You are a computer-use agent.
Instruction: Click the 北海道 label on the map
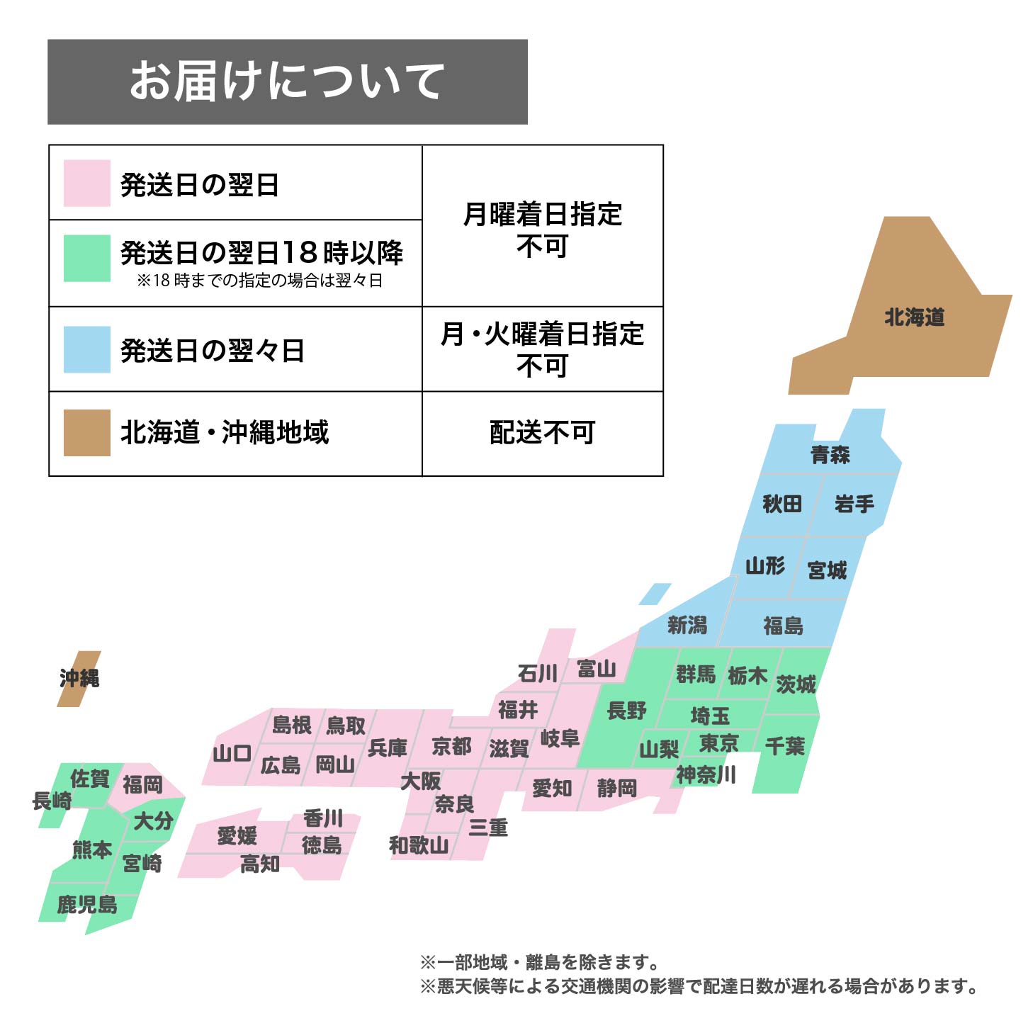(914, 317)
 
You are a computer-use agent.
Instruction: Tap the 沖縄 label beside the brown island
(79, 678)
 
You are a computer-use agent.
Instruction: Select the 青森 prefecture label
(830, 454)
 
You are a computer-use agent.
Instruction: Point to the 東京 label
(718, 743)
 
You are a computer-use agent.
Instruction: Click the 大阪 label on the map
(420, 781)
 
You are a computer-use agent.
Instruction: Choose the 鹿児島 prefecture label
(87, 905)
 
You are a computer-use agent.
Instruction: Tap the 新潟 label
(687, 625)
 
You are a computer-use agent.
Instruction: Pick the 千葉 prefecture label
(785, 745)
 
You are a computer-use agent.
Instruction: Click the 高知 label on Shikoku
(260, 864)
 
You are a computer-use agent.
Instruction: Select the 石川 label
(537, 673)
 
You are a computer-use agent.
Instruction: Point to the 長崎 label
(52, 801)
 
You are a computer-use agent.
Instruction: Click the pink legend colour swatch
(86, 184)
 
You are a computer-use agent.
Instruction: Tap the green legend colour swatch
(86, 258)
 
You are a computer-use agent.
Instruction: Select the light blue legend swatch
(86, 349)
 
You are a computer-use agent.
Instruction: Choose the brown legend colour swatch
(86, 432)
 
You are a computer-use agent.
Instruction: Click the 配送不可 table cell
(542, 432)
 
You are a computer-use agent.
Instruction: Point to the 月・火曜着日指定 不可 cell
(542, 349)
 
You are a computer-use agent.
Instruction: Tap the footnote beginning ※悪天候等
(698, 986)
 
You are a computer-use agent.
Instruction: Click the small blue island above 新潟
(655, 594)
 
